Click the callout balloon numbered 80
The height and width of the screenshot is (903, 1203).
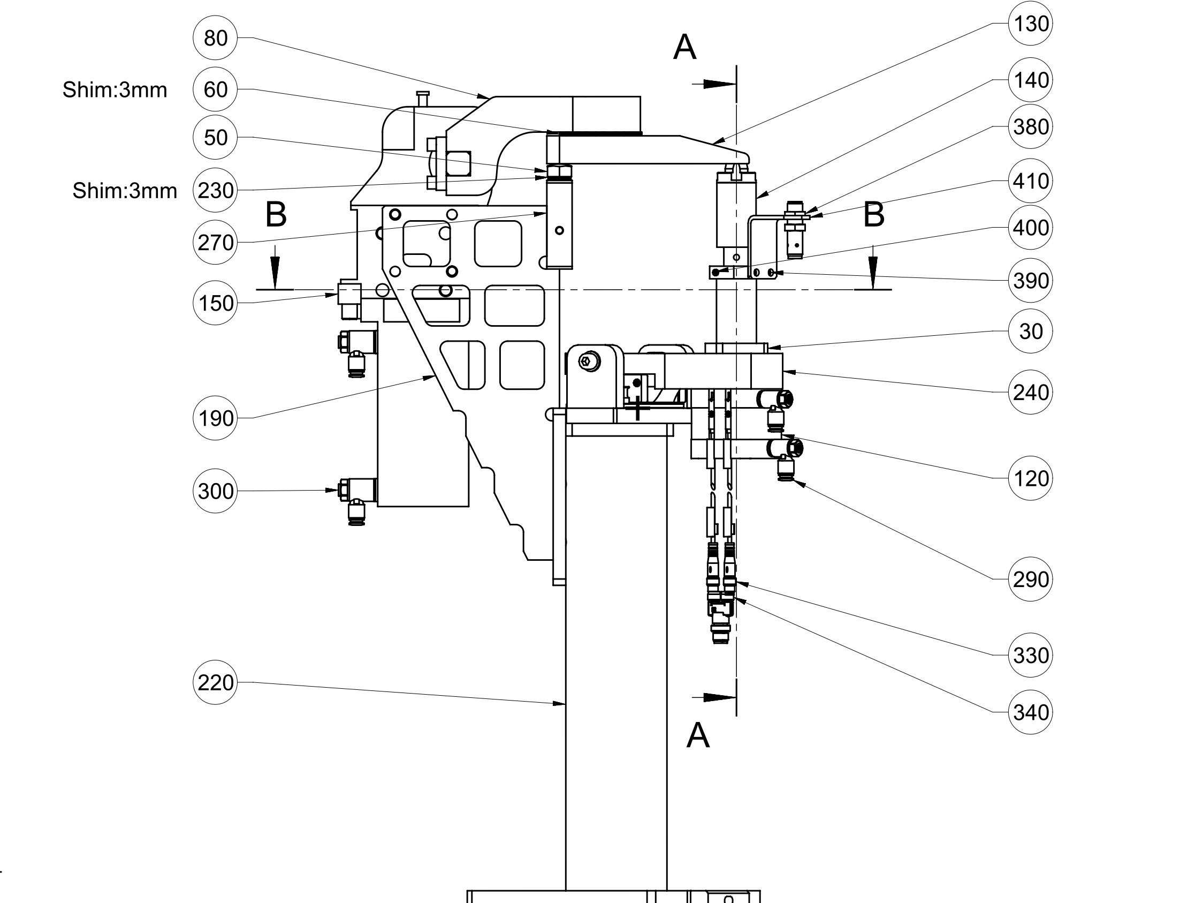click(x=215, y=38)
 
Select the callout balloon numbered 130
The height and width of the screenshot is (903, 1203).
click(x=1030, y=24)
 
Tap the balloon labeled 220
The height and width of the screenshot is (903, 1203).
click(x=215, y=682)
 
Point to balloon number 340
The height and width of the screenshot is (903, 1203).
click(x=1030, y=712)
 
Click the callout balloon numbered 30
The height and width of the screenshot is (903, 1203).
click(x=1030, y=331)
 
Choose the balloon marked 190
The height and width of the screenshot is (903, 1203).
click(x=215, y=418)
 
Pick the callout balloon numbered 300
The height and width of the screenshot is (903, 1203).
click(x=215, y=491)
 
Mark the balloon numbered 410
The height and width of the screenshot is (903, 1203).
click(x=1030, y=180)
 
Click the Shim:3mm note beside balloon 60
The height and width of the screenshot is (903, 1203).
click(x=115, y=90)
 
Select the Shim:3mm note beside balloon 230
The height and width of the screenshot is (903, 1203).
click(x=125, y=191)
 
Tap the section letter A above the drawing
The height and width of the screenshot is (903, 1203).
click(x=684, y=47)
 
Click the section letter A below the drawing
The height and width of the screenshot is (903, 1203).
click(x=698, y=736)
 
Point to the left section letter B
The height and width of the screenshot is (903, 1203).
click(x=276, y=215)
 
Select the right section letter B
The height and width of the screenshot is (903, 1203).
click(x=873, y=215)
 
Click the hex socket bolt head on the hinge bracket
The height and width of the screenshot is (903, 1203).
click(x=590, y=360)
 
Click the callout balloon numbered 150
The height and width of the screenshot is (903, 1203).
click(x=215, y=303)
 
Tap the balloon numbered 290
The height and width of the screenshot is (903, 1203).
click(x=1030, y=579)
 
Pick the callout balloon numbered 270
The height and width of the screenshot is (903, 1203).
click(x=215, y=242)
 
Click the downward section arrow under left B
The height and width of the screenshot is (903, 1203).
click(x=275, y=269)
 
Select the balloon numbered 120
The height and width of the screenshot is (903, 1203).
click(x=1030, y=478)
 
